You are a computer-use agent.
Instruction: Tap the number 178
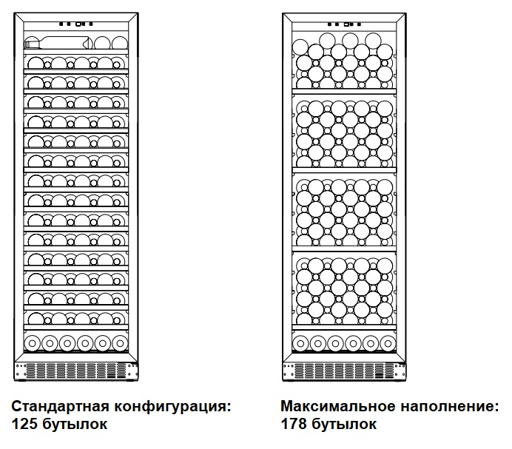294,424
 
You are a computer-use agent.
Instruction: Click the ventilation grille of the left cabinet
76,370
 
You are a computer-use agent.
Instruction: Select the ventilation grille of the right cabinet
346,370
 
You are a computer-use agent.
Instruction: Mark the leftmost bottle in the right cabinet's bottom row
301,342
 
